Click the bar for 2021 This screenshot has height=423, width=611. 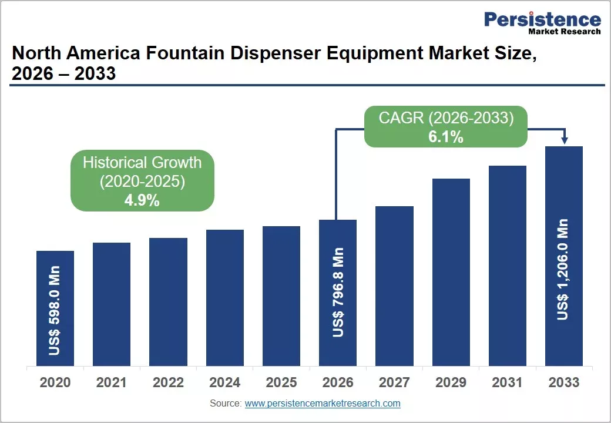(112, 304)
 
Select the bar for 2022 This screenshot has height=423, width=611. (169, 302)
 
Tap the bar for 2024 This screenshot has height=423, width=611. (225, 298)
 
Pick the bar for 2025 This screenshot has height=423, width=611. (281, 296)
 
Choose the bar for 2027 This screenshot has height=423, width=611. (394, 286)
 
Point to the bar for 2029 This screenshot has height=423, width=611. (451, 272)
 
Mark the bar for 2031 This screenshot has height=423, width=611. (508, 266)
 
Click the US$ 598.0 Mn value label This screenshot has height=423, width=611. (55, 310)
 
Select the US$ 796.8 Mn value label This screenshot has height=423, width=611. (338, 292)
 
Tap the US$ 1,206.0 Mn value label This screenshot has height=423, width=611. (563, 270)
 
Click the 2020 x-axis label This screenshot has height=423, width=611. (55, 382)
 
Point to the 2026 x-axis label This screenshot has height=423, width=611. (338, 382)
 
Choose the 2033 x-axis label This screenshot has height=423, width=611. (564, 382)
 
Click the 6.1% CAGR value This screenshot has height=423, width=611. (446, 137)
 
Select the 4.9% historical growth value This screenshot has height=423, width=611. (142, 200)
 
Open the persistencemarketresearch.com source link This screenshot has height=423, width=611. (323, 404)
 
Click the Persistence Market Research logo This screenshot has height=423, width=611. (542, 22)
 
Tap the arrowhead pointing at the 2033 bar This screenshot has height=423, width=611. (565, 140)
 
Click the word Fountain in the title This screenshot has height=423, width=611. (185, 53)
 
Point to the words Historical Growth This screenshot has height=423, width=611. (142, 163)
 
